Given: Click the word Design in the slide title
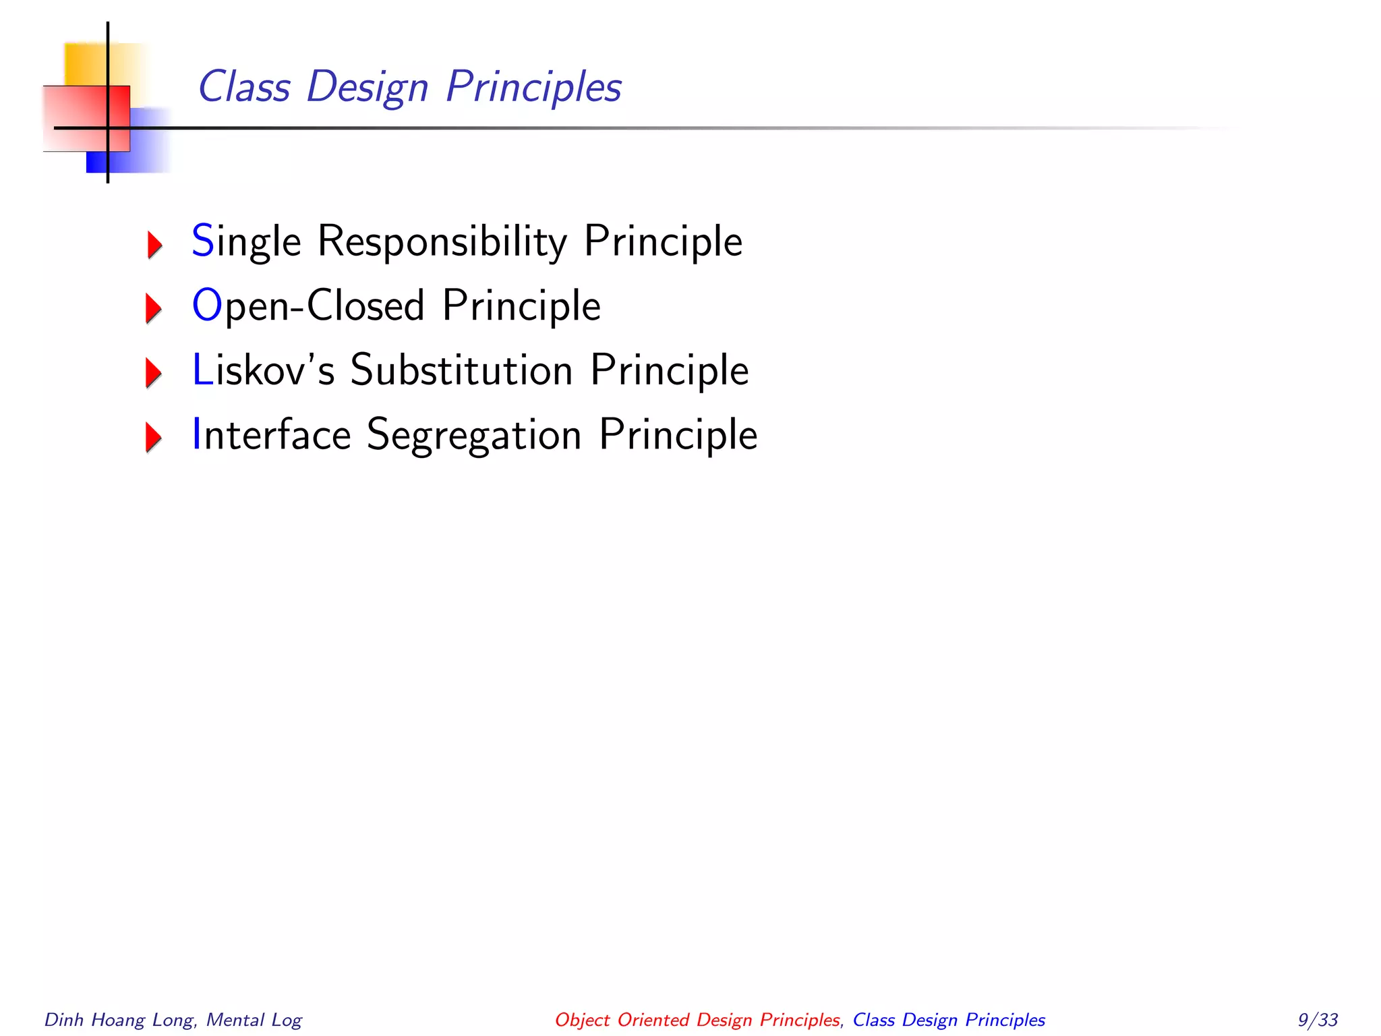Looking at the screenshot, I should [368, 87].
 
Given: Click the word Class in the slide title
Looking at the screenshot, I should [244, 87].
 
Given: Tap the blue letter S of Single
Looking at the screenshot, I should [202, 241].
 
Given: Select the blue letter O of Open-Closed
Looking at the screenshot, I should [206, 305].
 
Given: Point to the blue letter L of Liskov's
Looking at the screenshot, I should [202, 370].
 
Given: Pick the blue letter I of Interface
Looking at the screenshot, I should [197, 434].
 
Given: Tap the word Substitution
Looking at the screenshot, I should [461, 370].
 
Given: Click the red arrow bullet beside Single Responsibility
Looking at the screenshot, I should [154, 244].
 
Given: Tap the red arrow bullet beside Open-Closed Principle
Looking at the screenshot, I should [154, 308].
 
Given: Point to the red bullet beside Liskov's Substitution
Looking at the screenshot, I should [154, 372].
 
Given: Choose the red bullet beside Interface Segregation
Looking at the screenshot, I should [154, 437].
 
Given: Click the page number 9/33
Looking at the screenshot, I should [1318, 1019].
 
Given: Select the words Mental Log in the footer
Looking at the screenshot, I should [254, 1020].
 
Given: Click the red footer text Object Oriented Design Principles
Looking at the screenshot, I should [697, 1020].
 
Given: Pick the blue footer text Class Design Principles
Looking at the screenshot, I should [949, 1020].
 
